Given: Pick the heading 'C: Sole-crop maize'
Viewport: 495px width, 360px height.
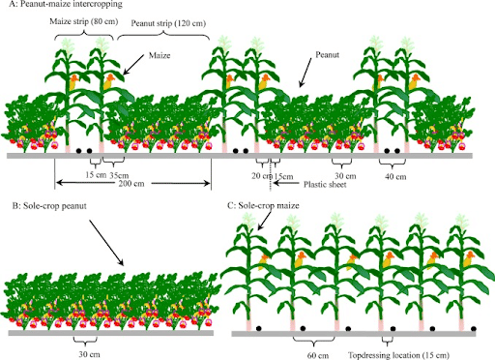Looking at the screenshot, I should [262, 206].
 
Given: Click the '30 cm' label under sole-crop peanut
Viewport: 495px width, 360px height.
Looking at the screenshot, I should [86, 354].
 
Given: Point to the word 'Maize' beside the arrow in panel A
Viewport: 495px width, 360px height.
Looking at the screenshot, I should [161, 57].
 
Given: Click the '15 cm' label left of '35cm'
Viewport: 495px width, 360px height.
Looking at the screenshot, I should [93, 175].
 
